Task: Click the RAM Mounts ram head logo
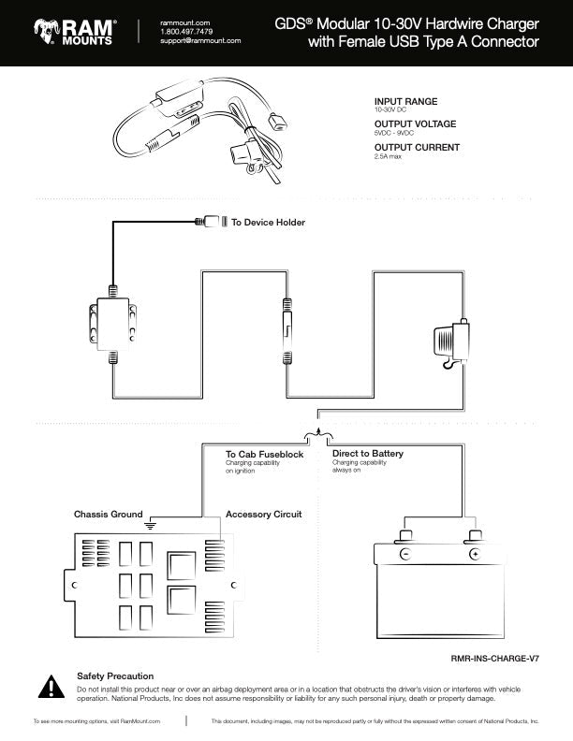pos(46,32)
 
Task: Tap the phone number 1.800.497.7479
pos(186,32)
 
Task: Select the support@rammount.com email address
pos(200,40)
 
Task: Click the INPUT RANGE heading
pos(405,101)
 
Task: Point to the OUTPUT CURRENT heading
pos(417,147)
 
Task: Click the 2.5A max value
pos(388,156)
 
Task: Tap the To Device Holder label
pos(268,222)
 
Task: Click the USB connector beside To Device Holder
pos(212,221)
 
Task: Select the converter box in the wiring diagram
pos(113,324)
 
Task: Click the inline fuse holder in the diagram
pos(287,331)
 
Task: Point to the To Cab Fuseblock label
pos(264,454)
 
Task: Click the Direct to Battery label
pos(368,453)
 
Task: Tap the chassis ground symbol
pos(150,525)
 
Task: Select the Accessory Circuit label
pos(263,515)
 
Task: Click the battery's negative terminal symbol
pos(405,554)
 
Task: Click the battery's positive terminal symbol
pos(475,554)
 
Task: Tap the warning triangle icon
pos(51,687)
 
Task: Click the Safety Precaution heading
pos(115,676)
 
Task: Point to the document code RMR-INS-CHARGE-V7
pos(495,659)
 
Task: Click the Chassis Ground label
pos(109,515)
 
